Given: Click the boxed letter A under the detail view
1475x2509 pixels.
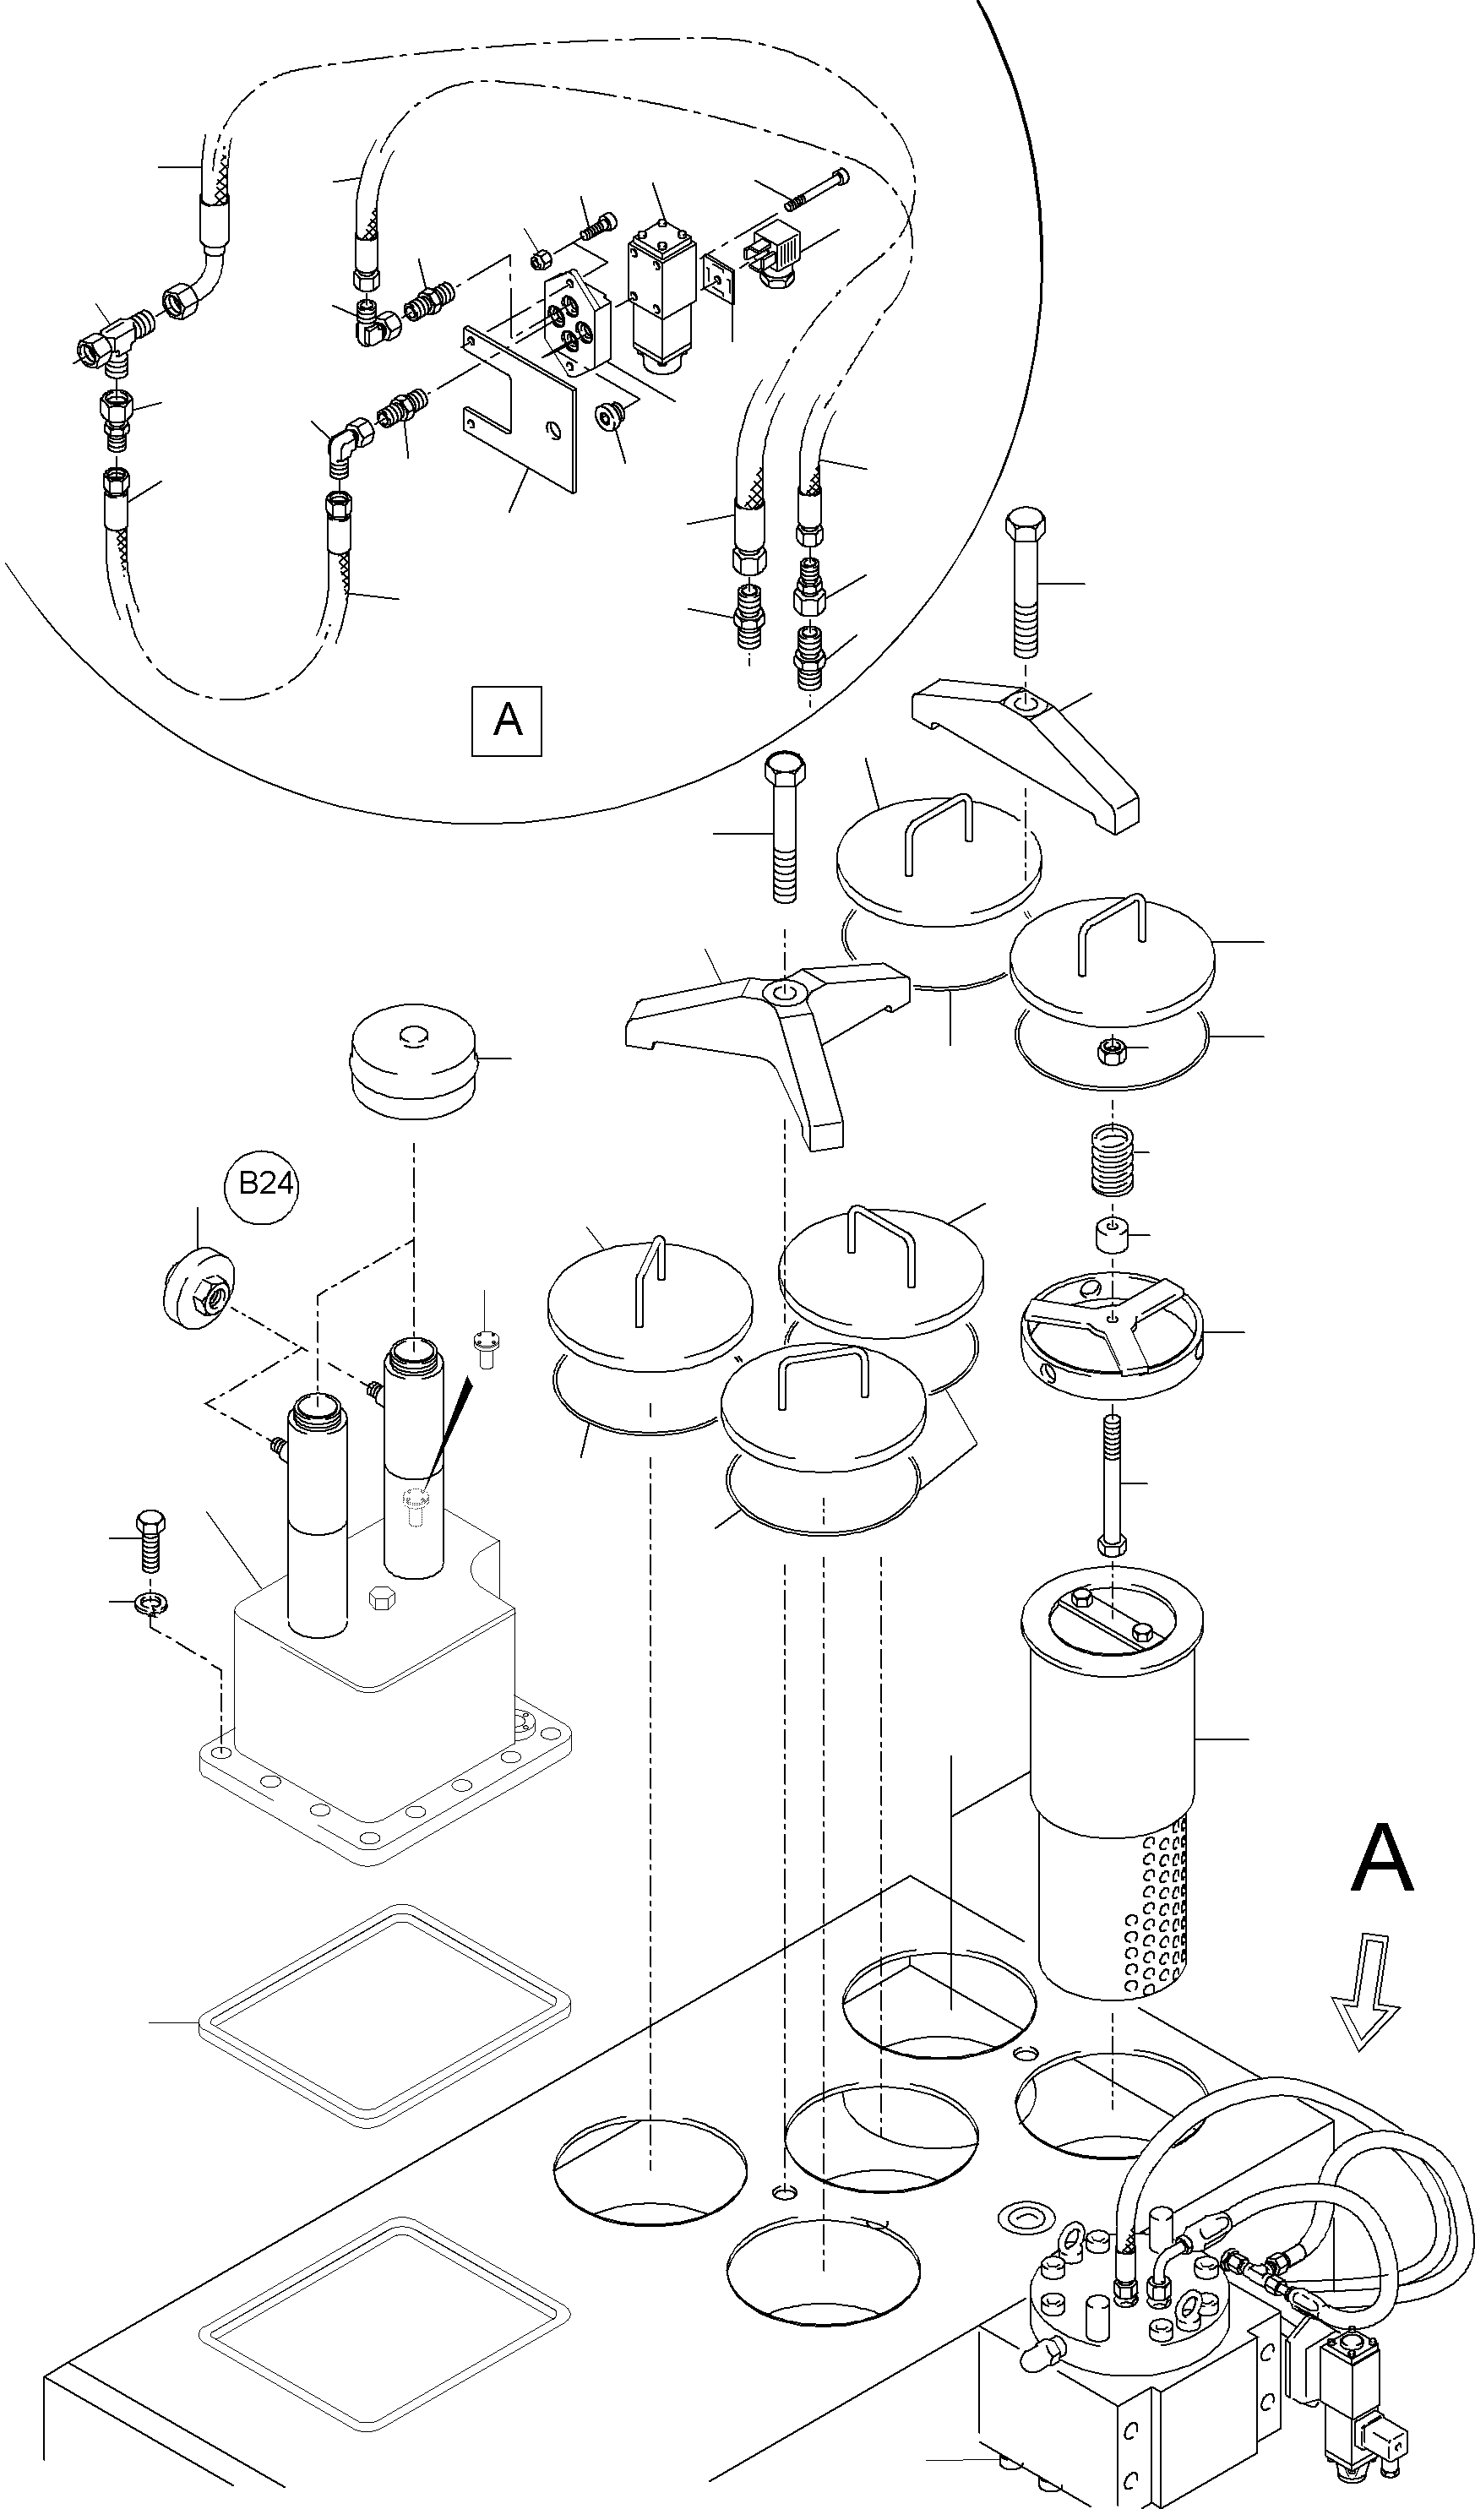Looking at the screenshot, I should (x=507, y=720).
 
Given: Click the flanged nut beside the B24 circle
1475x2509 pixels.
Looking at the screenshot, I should (x=199, y=1287).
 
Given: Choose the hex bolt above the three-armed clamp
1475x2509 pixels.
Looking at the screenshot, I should (x=784, y=826).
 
